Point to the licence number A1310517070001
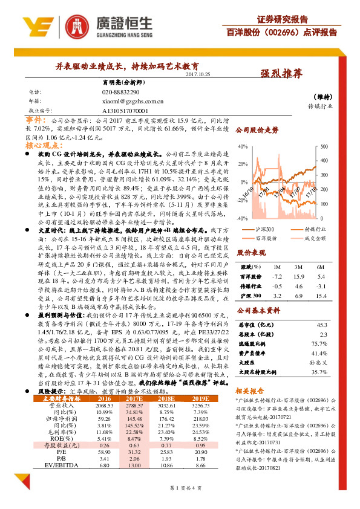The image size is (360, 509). (125, 112)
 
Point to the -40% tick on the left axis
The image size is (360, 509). (241, 218)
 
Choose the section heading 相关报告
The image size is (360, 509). (250, 393)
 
